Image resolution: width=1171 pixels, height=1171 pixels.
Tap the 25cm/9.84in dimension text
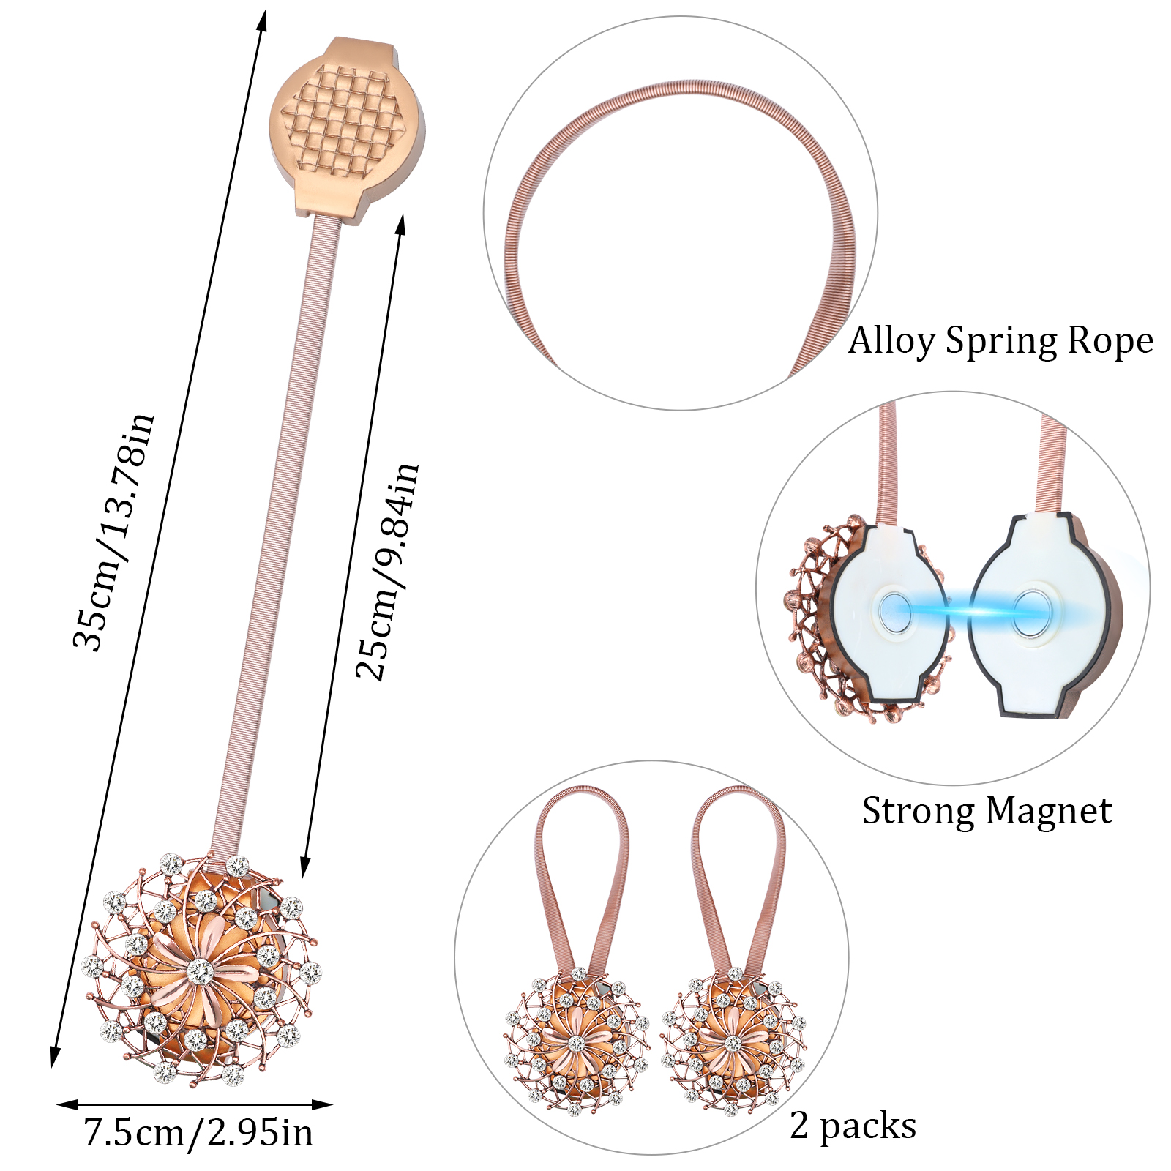pos(388,572)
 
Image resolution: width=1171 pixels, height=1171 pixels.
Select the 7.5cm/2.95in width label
pos(198,1132)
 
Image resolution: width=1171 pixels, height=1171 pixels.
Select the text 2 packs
pos(853,1126)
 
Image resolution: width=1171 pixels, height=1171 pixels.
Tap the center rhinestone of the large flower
pos(200,971)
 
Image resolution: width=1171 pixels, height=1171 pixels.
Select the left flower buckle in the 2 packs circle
pos(577,1041)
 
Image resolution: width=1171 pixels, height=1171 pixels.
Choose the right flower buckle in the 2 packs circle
pos(733,1041)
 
